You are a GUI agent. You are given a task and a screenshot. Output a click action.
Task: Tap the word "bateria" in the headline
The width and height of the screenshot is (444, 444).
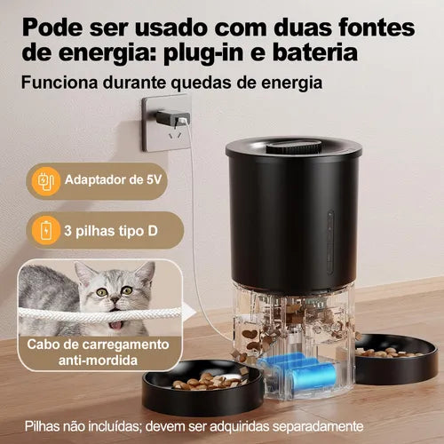[x=315, y=52]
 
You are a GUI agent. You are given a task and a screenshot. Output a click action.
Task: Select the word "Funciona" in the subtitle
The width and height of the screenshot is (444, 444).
[x=59, y=83]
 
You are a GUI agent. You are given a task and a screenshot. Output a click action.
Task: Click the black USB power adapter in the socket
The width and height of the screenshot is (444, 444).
[x=173, y=118]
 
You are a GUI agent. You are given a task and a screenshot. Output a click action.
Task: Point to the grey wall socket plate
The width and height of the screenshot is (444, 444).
[x=166, y=123]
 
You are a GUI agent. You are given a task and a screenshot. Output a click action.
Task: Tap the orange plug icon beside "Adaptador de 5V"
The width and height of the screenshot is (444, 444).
[x=45, y=181]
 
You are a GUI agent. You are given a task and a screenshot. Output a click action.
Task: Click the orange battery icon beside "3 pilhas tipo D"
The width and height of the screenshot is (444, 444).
[x=46, y=230]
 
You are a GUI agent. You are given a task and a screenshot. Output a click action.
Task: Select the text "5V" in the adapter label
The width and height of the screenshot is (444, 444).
[x=155, y=179]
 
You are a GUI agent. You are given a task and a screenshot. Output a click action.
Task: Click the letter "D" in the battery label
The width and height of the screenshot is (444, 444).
[x=153, y=231]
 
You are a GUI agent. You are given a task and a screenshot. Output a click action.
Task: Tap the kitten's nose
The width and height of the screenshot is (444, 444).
[x=115, y=300]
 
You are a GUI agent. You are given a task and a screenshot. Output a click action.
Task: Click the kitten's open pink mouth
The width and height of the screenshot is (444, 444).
[x=115, y=326]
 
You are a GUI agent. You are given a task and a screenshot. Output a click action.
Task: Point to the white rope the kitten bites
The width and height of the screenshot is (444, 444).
[x=99, y=314]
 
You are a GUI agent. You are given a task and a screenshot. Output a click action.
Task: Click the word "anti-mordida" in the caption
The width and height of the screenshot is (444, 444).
[x=98, y=361]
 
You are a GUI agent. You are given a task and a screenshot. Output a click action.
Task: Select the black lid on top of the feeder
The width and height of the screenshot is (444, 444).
[x=293, y=148]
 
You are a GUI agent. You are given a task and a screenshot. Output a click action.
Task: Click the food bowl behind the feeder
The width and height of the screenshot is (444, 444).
[x=396, y=359]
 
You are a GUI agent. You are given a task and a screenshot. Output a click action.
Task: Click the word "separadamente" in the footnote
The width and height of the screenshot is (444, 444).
[x=318, y=427]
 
